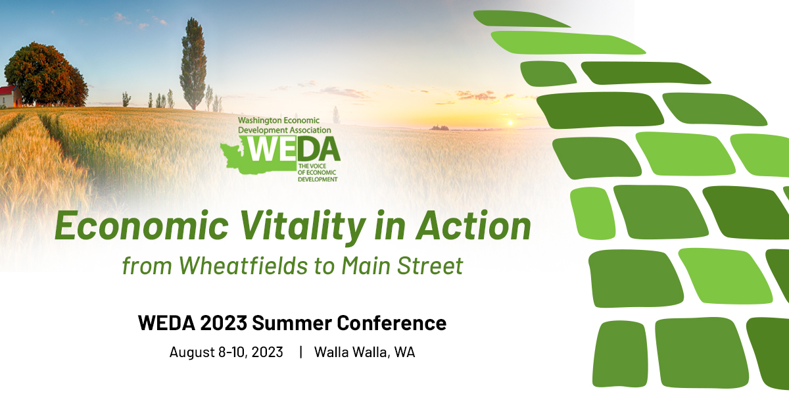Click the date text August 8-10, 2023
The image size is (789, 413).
[226, 352]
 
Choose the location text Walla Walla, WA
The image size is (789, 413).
[364, 352]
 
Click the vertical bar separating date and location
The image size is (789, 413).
[300, 352]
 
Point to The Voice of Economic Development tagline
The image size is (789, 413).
[318, 173]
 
